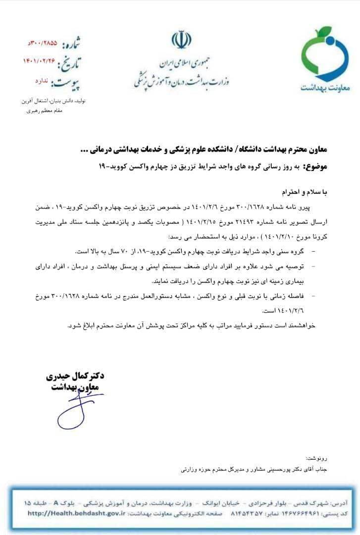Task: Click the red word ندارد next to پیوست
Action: pyautogui.click(x=44, y=79)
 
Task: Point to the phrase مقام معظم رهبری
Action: pyautogui.click(x=44, y=110)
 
